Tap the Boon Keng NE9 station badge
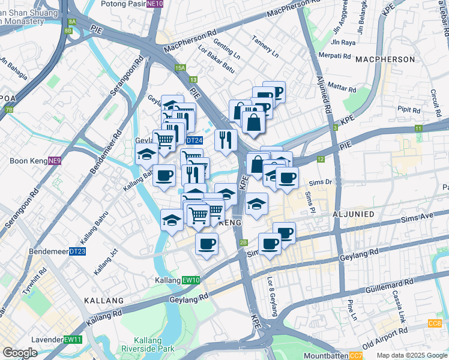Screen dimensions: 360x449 [55, 161]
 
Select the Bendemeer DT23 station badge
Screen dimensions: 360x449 [77, 251]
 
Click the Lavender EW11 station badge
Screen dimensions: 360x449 [73, 340]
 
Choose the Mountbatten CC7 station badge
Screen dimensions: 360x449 [355, 356]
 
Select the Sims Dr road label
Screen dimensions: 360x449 [320, 181]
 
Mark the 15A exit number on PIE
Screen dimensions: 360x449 [181, 68]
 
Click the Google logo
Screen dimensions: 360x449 [20, 353]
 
